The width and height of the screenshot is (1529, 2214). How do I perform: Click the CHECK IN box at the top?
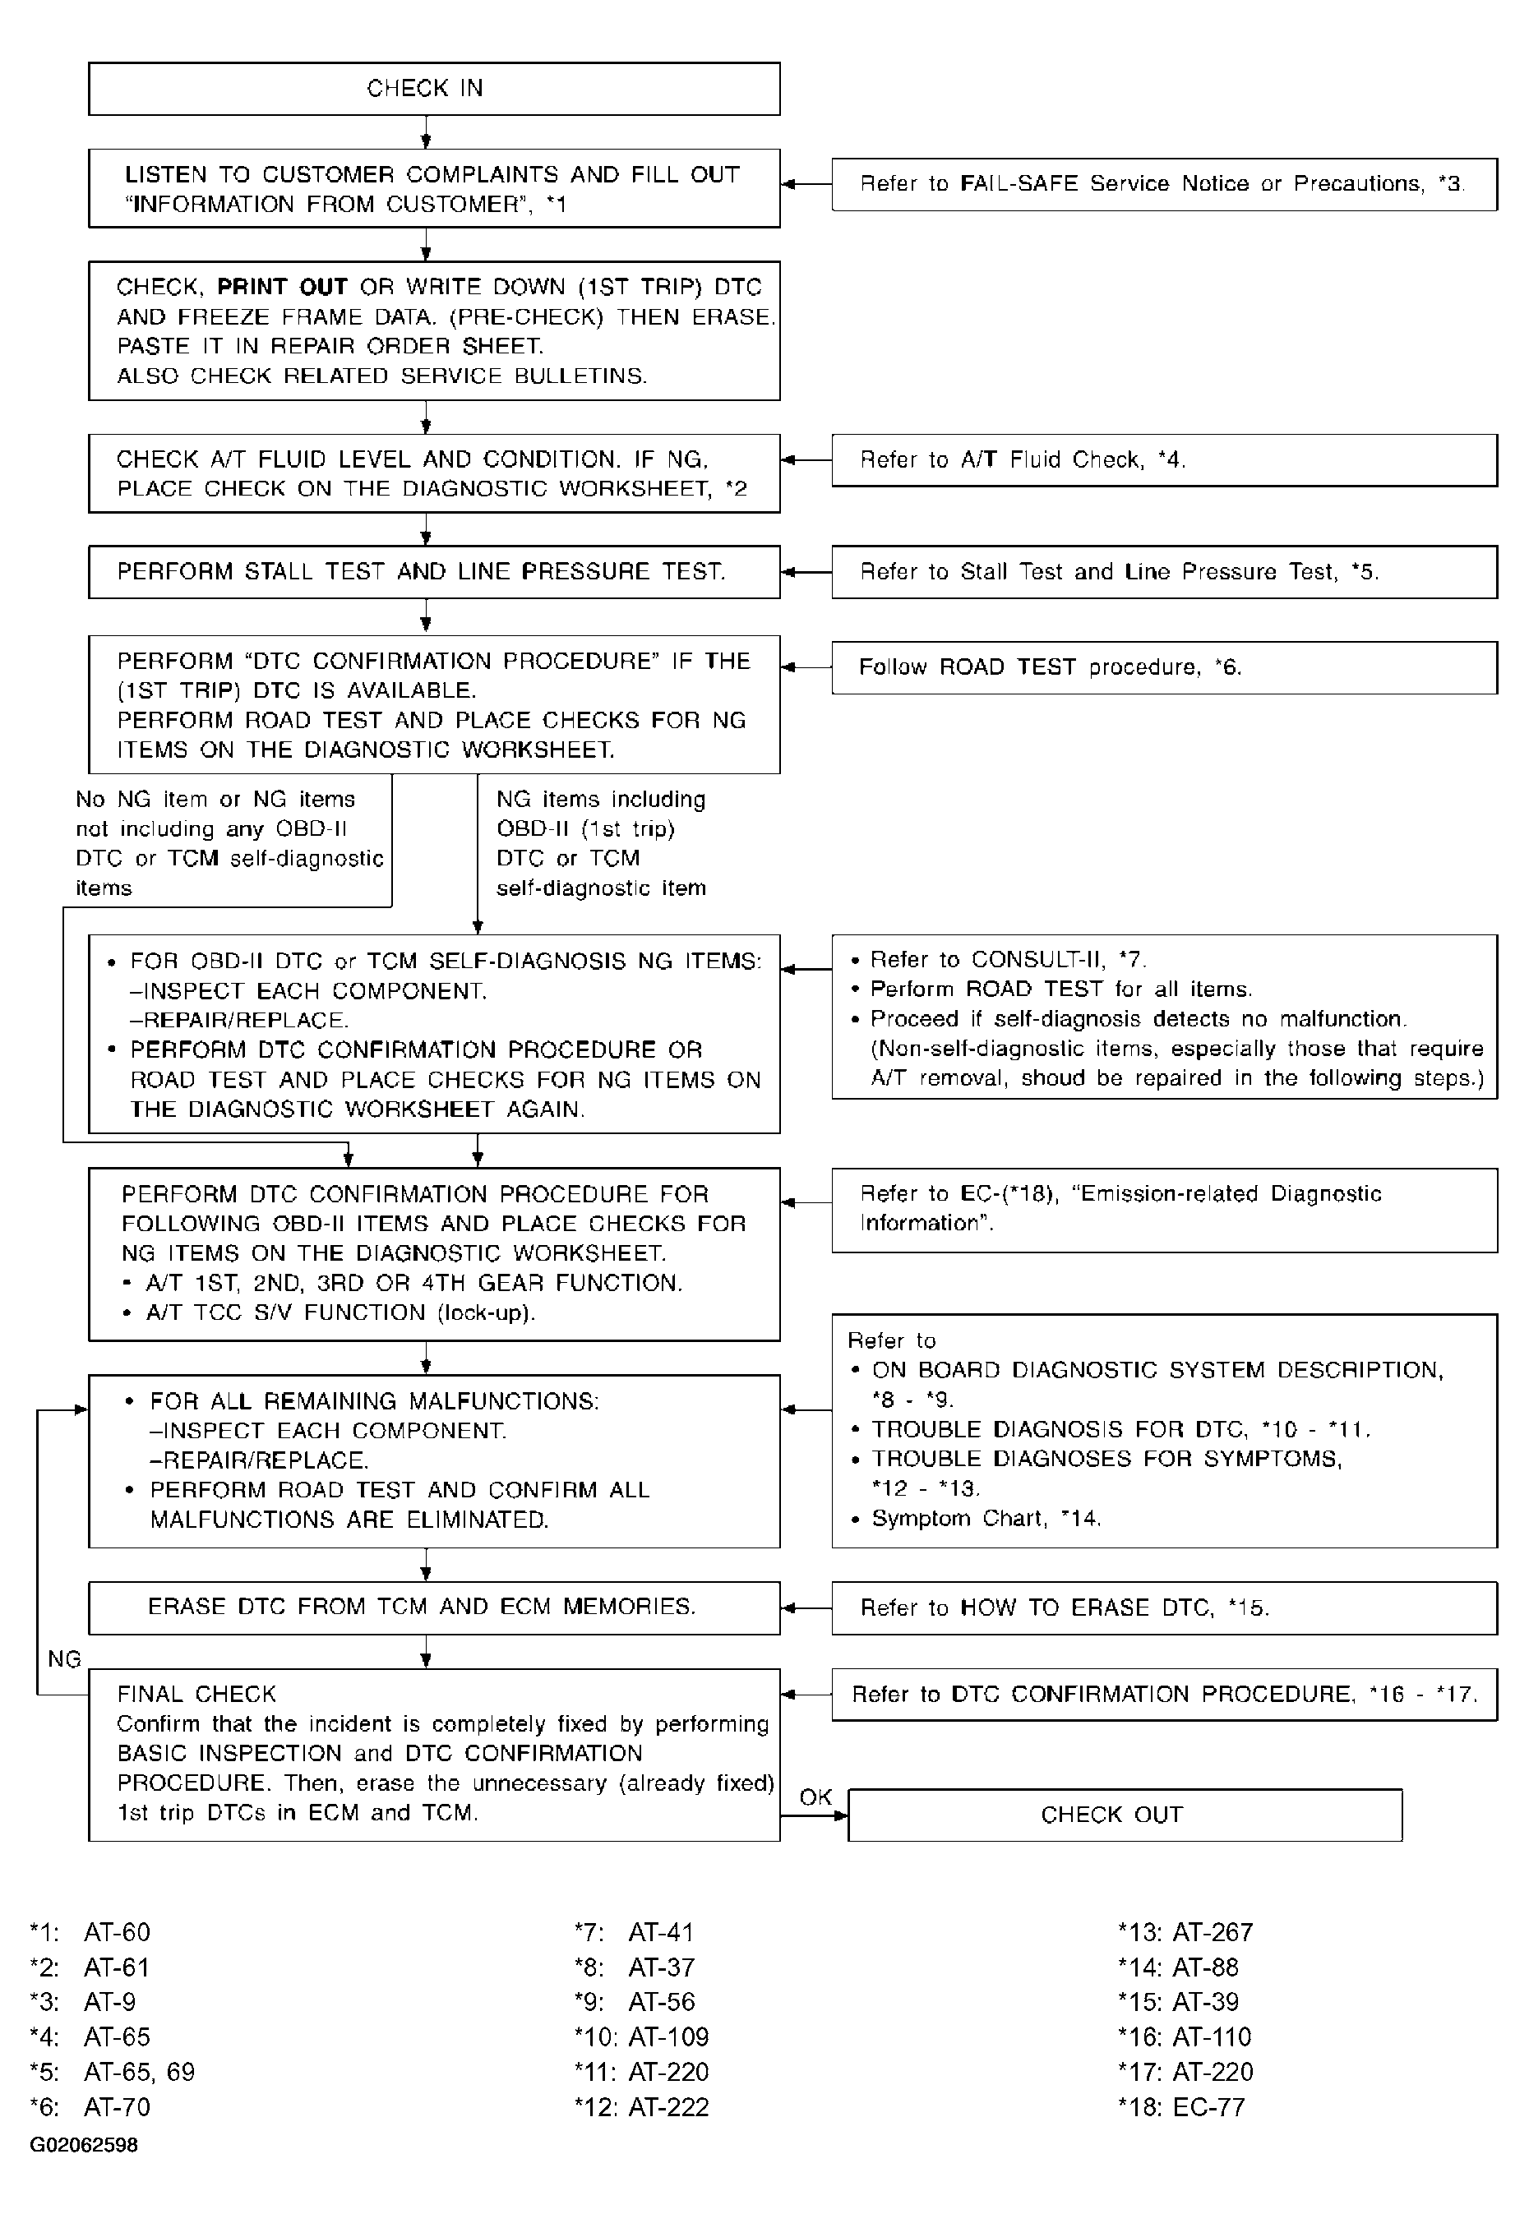click(x=433, y=89)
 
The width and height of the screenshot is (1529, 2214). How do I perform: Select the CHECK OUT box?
click(x=1125, y=1815)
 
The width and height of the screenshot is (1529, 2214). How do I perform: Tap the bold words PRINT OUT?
click(x=282, y=288)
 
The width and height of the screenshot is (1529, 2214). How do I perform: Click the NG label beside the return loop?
click(x=64, y=1658)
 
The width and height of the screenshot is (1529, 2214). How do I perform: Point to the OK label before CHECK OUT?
click(x=815, y=1797)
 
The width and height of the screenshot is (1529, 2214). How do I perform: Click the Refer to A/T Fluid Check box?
click(x=1163, y=460)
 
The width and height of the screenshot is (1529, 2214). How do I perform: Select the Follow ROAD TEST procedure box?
click(x=1163, y=667)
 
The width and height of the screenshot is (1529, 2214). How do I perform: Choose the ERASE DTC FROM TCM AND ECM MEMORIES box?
click(x=433, y=1607)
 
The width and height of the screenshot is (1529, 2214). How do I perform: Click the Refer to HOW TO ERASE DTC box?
click(x=1163, y=1607)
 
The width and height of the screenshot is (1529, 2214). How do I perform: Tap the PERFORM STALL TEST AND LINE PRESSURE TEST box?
click(x=433, y=572)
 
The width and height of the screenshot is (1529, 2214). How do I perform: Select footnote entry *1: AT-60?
click(x=90, y=1932)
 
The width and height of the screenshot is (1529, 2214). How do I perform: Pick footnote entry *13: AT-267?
click(x=1185, y=1932)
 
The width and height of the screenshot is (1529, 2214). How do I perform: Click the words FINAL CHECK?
click(x=196, y=1694)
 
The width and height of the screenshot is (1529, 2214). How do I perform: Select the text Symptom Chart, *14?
click(x=986, y=1519)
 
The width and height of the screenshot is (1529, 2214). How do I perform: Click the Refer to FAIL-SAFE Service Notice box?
click(x=1163, y=184)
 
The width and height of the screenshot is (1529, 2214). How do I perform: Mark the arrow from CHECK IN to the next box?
click(x=427, y=132)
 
